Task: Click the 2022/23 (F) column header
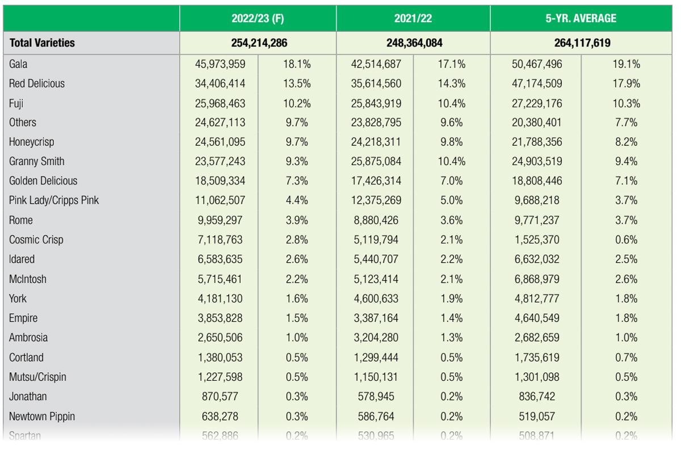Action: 258,18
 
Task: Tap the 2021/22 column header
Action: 413,18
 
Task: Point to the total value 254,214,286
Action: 258,42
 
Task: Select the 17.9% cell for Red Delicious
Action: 627,83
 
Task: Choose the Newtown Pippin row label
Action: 42,417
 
